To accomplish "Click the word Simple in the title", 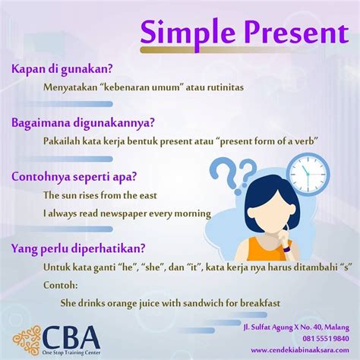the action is click(188, 33).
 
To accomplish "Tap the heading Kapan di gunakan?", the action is click(62, 69).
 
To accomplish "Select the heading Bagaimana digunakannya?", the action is click(83, 123).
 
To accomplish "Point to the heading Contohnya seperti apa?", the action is click(74, 177).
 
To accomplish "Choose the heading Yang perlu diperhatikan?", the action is click(78, 249).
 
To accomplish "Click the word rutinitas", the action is click(226, 87).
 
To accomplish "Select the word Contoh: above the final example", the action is click(61, 286).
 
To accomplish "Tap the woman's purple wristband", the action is click(286, 249).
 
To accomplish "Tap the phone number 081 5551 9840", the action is click(326, 339).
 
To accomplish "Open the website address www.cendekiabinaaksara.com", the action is click(300, 350).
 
